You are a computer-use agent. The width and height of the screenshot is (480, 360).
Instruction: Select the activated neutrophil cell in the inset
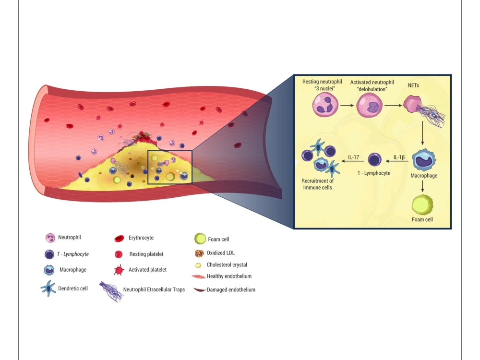(x=369, y=105)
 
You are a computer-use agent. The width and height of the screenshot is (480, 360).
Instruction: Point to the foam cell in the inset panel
(x=422, y=206)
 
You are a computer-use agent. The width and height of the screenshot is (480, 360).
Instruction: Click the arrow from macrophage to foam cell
(x=423, y=186)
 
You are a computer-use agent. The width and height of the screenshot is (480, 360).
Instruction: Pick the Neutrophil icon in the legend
(x=50, y=238)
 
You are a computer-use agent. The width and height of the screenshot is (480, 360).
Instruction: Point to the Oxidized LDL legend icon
(x=199, y=253)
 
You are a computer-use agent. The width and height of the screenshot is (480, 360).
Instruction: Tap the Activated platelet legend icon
(x=119, y=270)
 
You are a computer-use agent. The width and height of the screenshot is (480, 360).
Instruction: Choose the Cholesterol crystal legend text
(x=227, y=264)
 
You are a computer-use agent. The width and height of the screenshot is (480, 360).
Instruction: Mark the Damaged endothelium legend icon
(x=199, y=290)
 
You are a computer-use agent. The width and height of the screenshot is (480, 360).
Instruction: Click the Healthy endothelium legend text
(x=229, y=276)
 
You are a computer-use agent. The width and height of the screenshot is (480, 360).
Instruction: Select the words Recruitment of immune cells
(x=317, y=184)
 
